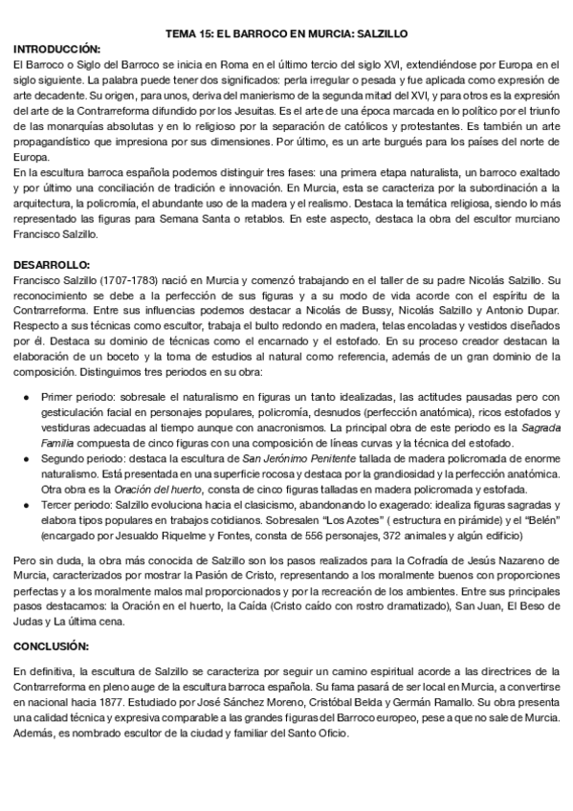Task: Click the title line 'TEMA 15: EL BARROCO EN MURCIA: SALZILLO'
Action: (286, 31)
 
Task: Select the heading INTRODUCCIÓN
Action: (57, 48)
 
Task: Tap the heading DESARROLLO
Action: (53, 263)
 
